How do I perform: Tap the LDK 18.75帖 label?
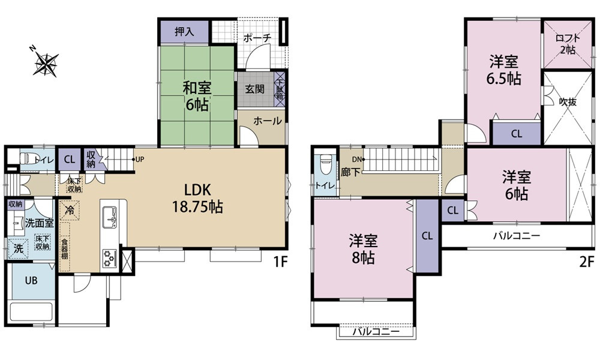pos(197,198)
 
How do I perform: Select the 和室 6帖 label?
pos(197,97)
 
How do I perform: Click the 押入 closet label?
pos(184,32)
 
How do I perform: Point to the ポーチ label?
pos(257,38)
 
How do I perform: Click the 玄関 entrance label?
pos(254,89)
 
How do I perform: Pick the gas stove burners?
pos(109,257)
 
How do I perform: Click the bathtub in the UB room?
pos(31,312)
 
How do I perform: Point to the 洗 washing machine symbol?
pos(17,248)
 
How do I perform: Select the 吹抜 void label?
pos(568,102)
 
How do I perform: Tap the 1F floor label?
pos(280,262)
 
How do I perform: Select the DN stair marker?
pos(358,159)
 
